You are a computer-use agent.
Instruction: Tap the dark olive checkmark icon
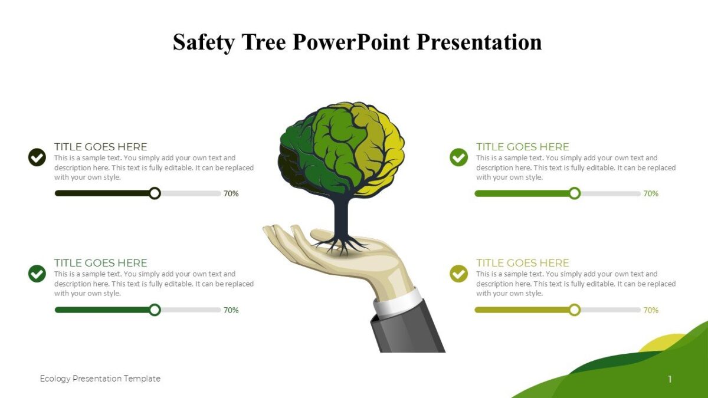point(37,157)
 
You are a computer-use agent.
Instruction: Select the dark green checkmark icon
point(37,274)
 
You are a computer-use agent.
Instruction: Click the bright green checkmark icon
point(458,157)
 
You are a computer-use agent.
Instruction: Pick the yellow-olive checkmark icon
point(458,274)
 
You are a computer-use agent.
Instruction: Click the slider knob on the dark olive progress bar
point(155,193)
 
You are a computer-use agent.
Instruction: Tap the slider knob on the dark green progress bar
point(155,310)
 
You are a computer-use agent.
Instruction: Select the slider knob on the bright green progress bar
point(575,193)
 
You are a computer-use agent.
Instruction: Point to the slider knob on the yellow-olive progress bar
point(575,310)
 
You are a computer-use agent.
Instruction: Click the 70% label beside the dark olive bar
point(231,193)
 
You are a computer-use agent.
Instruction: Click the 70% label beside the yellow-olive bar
point(651,310)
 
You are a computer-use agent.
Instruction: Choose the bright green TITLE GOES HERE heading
point(522,147)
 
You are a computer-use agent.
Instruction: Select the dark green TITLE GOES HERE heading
point(101,263)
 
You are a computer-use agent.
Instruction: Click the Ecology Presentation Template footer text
point(100,379)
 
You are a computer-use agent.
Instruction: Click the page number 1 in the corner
point(670,379)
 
